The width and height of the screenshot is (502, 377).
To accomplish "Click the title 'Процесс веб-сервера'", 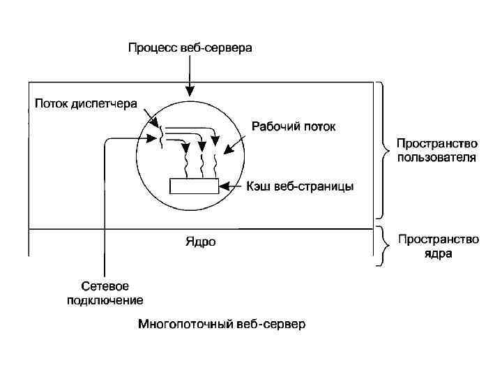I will coord(190,48).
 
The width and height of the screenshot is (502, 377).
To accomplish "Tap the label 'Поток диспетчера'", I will coord(86,104).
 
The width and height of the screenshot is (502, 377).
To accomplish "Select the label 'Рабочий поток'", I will coord(293,127).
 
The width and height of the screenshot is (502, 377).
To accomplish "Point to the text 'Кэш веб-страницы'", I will coord(301,186).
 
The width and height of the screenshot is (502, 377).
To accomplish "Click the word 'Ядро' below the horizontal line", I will coord(201,242).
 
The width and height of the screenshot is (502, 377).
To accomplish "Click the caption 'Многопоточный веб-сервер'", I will coord(221,325).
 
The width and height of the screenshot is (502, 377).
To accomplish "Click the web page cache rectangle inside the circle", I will coord(195,186).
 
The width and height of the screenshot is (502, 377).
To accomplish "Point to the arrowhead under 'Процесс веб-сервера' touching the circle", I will coord(190,91).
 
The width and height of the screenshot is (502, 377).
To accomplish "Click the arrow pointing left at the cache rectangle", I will coord(231,186).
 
